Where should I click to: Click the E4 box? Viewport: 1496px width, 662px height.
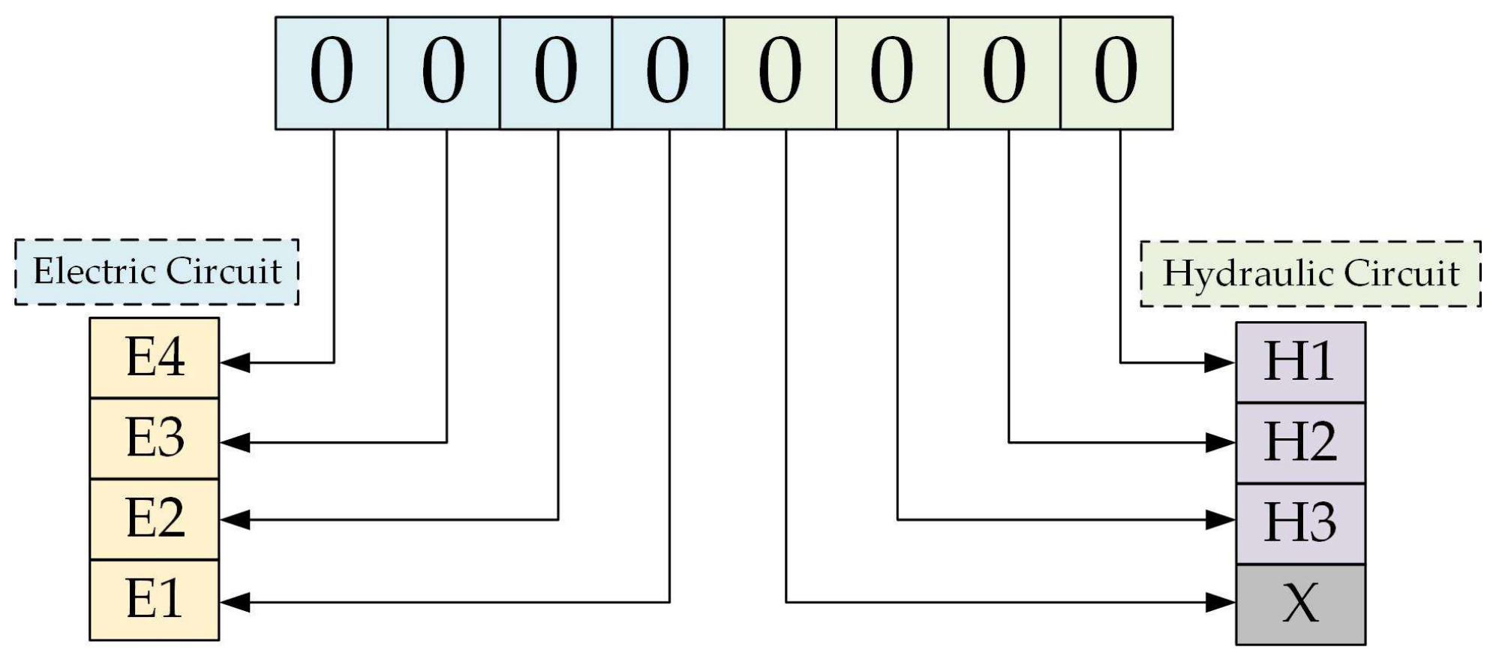(x=155, y=357)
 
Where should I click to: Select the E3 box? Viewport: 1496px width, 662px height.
(x=155, y=438)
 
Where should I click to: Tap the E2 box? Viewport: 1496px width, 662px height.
(x=155, y=519)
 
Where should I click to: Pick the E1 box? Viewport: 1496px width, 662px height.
(x=155, y=600)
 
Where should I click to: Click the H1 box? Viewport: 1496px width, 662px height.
(x=1300, y=363)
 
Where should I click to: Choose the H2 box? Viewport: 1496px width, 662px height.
(x=1300, y=443)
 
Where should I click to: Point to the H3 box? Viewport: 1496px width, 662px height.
(x=1300, y=524)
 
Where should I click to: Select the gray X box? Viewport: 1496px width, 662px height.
(x=1300, y=604)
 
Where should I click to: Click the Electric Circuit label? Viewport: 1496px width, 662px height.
(x=157, y=272)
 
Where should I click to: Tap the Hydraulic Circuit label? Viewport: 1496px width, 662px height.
(x=1310, y=273)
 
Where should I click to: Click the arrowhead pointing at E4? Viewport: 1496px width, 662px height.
(x=235, y=363)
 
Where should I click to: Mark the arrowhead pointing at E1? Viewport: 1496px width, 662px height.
(x=235, y=602)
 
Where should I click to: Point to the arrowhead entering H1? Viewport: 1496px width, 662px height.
(x=1221, y=363)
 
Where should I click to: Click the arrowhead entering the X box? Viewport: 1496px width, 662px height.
(x=1221, y=602)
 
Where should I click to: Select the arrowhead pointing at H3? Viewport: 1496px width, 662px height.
(x=1221, y=519)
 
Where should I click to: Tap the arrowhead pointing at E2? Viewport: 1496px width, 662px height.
(x=235, y=519)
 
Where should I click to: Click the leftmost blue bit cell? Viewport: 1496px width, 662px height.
(x=332, y=73)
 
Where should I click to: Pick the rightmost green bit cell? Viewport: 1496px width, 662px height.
(x=1116, y=73)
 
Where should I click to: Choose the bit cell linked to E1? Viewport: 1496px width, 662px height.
(x=668, y=73)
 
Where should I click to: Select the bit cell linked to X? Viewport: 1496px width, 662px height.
(x=780, y=73)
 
